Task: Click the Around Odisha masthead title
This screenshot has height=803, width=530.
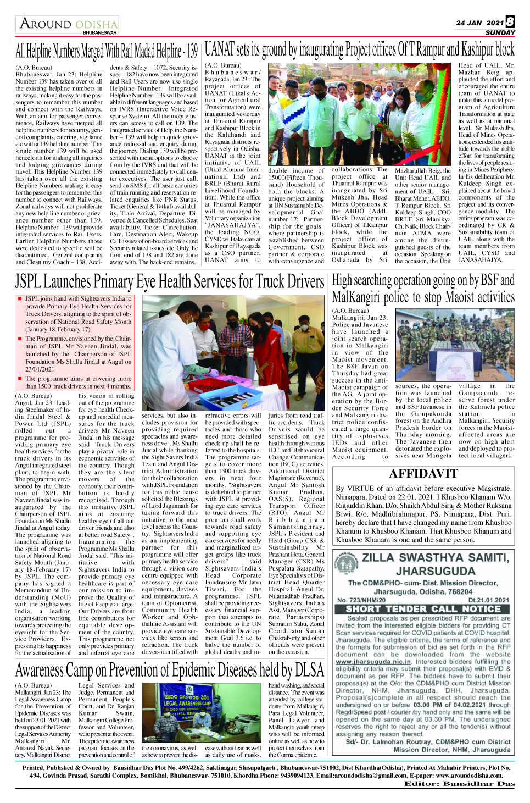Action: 69,24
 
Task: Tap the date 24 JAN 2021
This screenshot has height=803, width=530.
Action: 479,23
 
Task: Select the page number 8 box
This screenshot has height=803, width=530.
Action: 510,21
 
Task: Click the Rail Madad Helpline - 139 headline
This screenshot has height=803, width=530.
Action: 107,51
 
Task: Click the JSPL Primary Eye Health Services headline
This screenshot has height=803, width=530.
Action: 170,282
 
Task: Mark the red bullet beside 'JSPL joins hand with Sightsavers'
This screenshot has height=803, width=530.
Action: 20,299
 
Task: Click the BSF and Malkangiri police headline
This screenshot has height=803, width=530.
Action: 423,289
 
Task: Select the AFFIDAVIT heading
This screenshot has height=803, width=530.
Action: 423,473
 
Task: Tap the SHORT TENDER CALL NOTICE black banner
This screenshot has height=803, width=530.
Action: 423,608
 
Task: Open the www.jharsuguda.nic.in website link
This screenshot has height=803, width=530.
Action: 373,662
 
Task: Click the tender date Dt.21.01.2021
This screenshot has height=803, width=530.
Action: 489,600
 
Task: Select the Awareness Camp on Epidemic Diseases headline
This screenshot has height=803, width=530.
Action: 170,670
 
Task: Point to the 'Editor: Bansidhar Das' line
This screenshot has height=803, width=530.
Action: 459,783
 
